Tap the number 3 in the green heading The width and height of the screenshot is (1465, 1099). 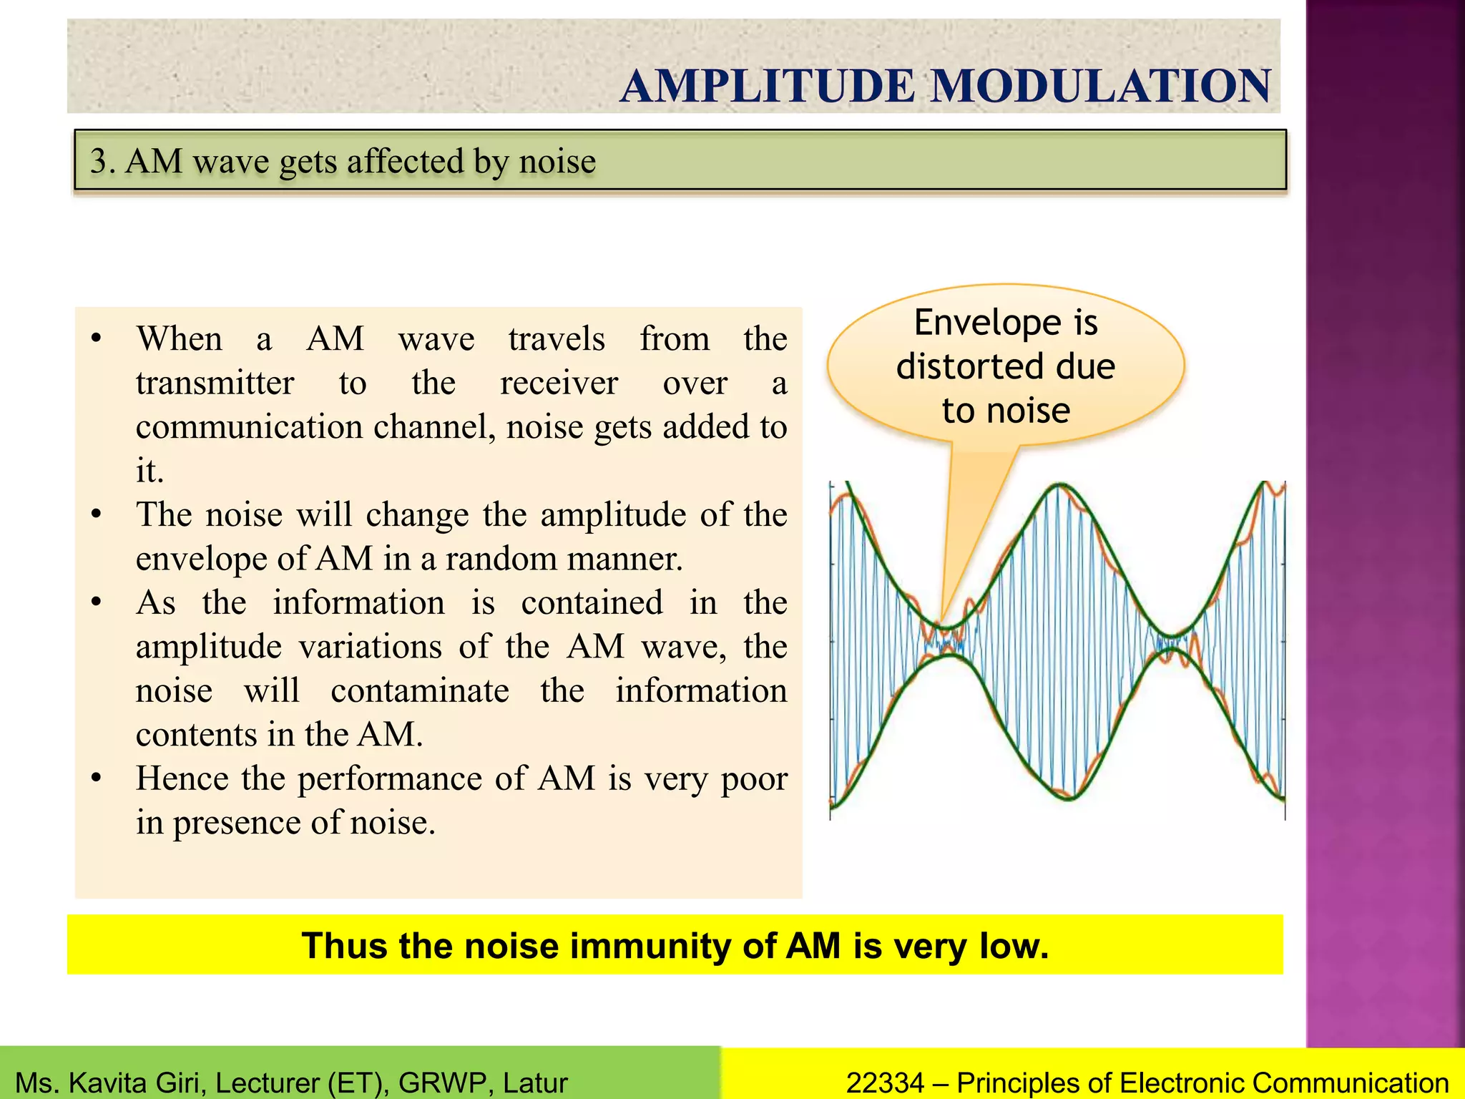coord(99,161)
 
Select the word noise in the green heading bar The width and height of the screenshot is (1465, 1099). coord(557,161)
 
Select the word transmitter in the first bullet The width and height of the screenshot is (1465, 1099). coord(215,383)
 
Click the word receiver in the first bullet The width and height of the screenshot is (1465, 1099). coord(559,383)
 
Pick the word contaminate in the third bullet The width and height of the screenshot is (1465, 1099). coord(420,690)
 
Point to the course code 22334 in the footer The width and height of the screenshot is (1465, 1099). coord(885,1083)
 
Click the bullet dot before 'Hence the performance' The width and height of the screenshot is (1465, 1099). coord(97,778)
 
